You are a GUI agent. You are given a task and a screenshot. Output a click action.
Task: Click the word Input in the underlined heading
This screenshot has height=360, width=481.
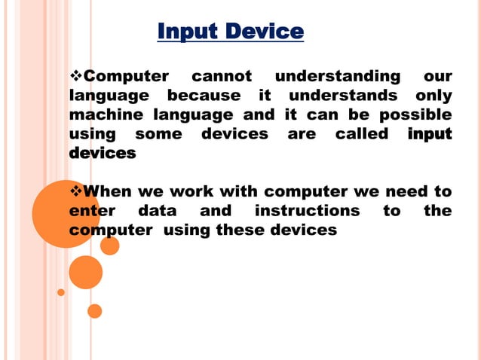(x=186, y=32)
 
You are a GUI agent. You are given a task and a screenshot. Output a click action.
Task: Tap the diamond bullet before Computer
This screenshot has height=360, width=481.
(x=75, y=76)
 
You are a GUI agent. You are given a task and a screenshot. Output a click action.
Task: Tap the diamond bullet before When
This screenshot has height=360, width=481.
(x=75, y=191)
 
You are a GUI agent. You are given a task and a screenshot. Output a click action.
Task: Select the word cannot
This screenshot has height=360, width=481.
(x=222, y=76)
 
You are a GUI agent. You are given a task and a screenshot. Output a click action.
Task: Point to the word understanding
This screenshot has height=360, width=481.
(x=337, y=76)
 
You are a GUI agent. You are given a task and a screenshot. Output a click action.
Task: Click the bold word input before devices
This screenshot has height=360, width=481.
(x=429, y=134)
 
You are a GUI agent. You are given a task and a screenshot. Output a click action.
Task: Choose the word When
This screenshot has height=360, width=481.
(x=109, y=191)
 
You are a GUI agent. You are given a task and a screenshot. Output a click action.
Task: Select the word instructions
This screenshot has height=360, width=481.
(x=307, y=211)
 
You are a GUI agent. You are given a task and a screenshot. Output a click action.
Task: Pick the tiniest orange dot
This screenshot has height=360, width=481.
(x=61, y=291)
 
